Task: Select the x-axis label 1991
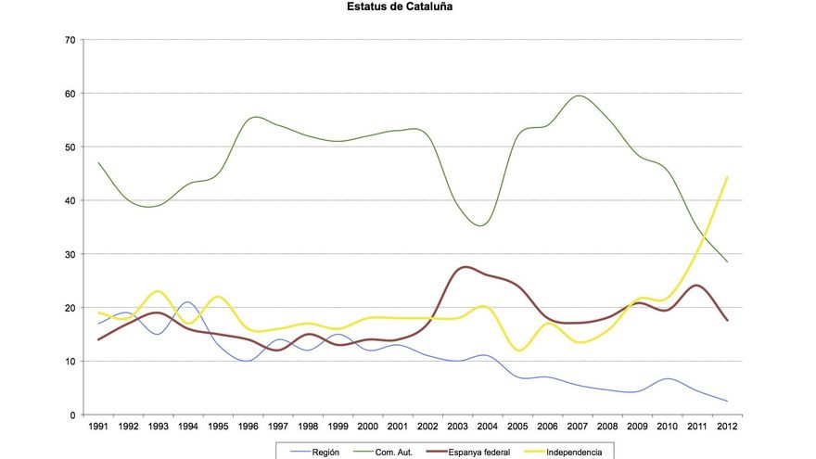click(98, 427)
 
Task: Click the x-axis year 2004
click(486, 427)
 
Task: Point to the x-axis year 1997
click(277, 427)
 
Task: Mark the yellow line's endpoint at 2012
click(725, 177)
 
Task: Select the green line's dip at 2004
click(482, 225)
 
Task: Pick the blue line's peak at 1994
click(188, 302)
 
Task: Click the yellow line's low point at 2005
click(519, 351)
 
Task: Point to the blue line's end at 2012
click(725, 402)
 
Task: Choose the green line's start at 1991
click(98, 163)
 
